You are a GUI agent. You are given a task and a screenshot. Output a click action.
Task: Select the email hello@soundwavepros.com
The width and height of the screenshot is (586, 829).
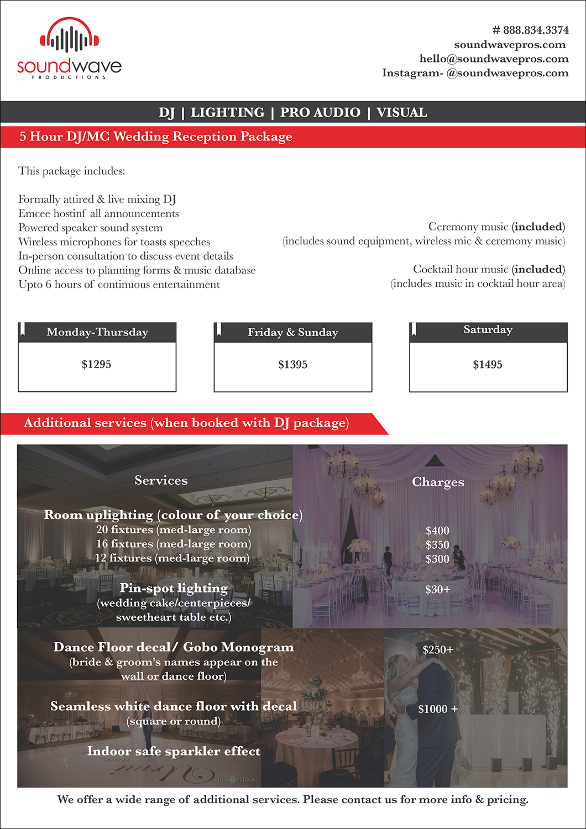tap(494, 59)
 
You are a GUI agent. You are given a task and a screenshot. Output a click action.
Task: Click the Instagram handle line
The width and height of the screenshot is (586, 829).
tap(475, 73)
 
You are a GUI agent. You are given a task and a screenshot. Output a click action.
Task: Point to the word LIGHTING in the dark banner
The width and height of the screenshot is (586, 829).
tap(227, 113)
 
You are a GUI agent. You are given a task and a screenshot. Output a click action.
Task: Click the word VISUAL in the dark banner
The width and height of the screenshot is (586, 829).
tap(401, 113)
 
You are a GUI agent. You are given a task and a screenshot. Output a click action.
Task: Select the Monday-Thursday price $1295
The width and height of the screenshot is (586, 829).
tap(97, 364)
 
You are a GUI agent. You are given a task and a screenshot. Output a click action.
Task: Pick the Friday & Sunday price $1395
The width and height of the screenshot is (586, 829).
tap(292, 365)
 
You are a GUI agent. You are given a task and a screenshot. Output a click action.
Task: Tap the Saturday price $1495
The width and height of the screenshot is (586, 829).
tap(488, 365)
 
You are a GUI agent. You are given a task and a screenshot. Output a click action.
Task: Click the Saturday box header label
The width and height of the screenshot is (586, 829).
tap(488, 330)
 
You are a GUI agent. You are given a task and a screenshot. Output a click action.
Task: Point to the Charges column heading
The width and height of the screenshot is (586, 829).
tap(438, 482)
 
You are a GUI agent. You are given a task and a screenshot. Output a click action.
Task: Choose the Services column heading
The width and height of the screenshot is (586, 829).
tap(161, 481)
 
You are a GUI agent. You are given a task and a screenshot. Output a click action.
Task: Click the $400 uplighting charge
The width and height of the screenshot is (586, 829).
tap(437, 531)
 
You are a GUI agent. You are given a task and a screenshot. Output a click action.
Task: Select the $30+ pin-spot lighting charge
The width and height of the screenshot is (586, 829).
tap(437, 590)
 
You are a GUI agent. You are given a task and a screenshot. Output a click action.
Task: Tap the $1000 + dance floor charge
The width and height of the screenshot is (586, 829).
tap(438, 709)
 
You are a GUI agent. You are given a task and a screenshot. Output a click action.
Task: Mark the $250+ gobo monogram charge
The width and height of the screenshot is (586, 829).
tap(438, 650)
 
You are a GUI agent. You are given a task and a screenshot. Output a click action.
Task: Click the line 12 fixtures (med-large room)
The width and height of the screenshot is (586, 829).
tap(172, 558)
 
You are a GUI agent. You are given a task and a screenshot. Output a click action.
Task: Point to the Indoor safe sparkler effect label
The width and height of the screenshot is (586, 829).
tap(174, 752)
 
